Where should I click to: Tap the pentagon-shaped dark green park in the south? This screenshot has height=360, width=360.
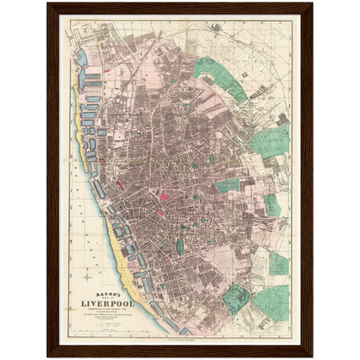(x=235, y=299)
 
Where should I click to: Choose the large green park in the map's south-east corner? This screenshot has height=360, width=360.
(x=272, y=302)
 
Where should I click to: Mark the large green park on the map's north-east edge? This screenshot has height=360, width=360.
(x=271, y=138)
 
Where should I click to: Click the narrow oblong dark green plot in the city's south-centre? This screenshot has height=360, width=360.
(x=180, y=247)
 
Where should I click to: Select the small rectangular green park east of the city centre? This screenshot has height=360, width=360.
(x=227, y=185)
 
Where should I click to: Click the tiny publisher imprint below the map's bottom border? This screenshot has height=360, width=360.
(x=180, y=343)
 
